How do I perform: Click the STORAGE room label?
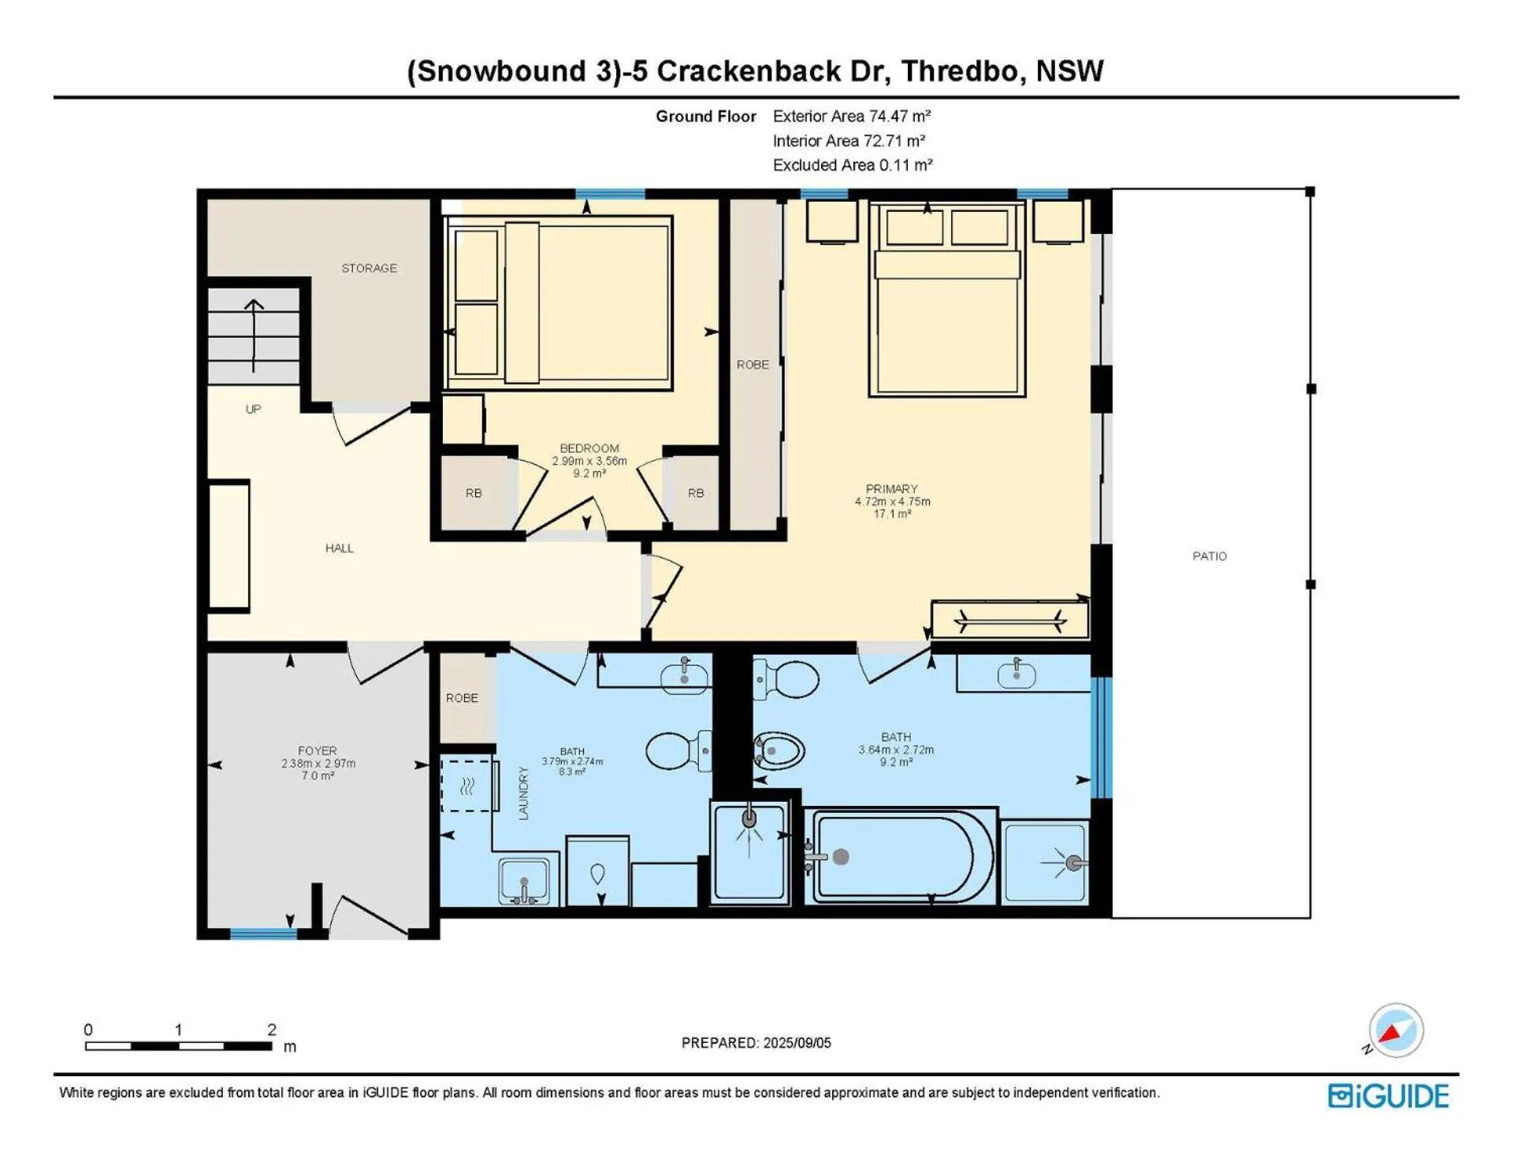(x=369, y=269)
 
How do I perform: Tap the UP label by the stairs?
(x=253, y=410)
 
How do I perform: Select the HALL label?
(x=339, y=548)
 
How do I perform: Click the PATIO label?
(x=1210, y=556)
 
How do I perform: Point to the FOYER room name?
(x=317, y=751)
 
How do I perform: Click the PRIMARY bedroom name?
(x=892, y=489)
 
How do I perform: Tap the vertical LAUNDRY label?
(x=523, y=794)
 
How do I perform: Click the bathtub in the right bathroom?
(x=901, y=856)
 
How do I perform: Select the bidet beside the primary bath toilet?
(x=779, y=751)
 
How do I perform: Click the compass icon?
(x=1395, y=1030)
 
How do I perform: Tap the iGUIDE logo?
(x=1388, y=1097)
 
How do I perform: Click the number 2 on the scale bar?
(x=272, y=1030)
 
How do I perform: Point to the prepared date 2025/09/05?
(x=797, y=1043)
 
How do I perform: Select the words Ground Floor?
(x=706, y=117)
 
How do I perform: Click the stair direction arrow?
(x=254, y=336)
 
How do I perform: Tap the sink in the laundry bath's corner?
(x=525, y=881)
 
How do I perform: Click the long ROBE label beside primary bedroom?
(x=753, y=365)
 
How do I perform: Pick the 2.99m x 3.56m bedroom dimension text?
(x=589, y=461)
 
